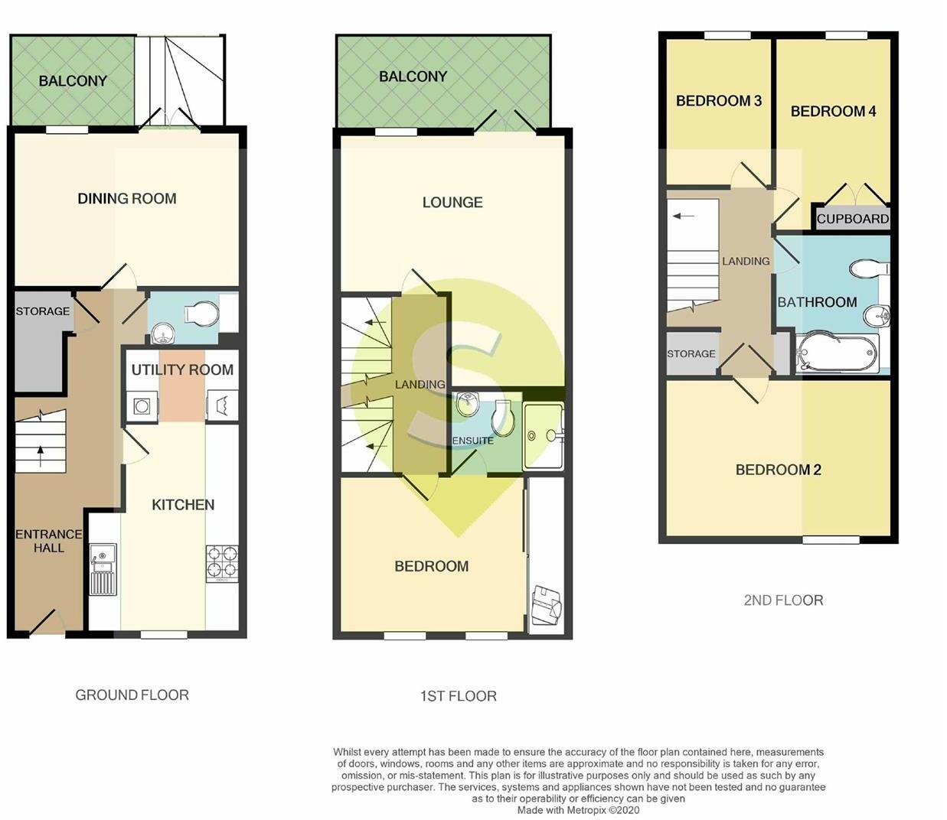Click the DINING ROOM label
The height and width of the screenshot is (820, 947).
coord(127,199)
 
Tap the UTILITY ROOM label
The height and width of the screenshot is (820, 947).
coord(182,370)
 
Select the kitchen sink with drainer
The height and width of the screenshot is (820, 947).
coord(103,569)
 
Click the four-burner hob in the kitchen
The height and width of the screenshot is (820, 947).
coord(222,563)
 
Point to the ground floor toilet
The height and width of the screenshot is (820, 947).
coord(204,314)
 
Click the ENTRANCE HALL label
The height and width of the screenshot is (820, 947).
coord(49,541)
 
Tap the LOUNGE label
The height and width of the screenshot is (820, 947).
coord(452,203)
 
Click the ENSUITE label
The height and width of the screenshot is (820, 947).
coord(472,441)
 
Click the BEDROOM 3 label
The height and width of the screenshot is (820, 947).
coord(718,101)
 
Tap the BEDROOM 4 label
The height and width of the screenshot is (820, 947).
coord(833,112)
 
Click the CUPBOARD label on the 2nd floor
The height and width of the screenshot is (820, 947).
coord(852,219)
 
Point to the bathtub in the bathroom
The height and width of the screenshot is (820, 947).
coord(838,354)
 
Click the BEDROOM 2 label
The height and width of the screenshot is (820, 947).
coord(778,470)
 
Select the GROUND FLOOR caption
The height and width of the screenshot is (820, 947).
coord(132,695)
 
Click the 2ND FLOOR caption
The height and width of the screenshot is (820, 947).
coord(783,600)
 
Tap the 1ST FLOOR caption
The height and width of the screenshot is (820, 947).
coord(458,696)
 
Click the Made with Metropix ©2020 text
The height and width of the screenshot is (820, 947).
coord(578,810)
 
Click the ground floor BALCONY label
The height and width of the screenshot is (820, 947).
coord(73,81)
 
